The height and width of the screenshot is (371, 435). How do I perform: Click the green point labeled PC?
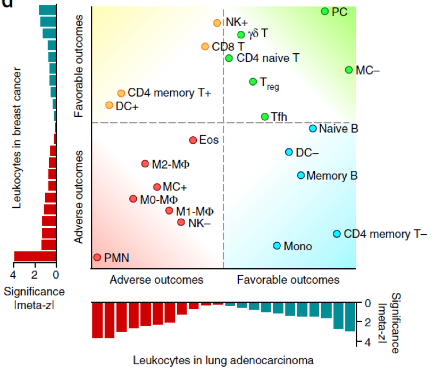(325, 11)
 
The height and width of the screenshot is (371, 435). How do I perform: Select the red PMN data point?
(97, 257)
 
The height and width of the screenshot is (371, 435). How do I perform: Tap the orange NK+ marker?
(217, 23)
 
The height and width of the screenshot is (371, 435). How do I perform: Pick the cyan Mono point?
(277, 245)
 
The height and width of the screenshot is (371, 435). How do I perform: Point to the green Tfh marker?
(265, 117)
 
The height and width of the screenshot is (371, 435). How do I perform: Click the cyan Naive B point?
(313, 128)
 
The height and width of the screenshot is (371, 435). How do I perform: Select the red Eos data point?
(193, 140)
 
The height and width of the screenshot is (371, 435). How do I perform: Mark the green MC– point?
(349, 70)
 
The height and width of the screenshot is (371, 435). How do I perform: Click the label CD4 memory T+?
(169, 93)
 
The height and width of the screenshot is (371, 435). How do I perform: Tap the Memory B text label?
(332, 175)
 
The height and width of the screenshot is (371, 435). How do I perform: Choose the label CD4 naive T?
(267, 58)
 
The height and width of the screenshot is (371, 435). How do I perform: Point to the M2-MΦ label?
(171, 164)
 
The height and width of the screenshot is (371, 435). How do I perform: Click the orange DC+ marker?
(109, 105)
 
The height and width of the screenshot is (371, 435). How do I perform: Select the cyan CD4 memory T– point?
(337, 234)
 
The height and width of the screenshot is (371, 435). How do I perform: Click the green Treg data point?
(253, 81)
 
